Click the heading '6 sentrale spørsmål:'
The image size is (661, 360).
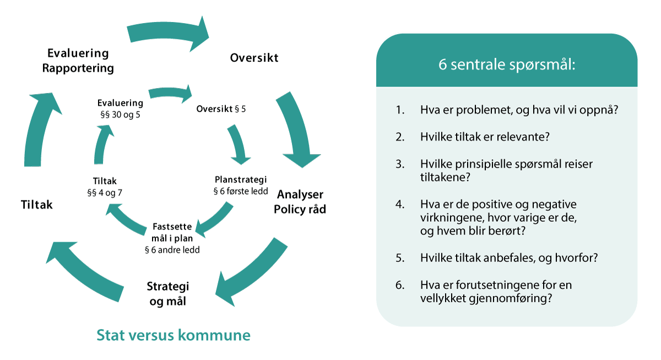506,65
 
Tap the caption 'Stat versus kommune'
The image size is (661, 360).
174,335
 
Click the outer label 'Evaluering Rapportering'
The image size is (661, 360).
80,61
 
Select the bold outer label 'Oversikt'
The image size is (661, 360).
254,57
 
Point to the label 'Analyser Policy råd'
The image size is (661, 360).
300,202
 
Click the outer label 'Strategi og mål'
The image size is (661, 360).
168,294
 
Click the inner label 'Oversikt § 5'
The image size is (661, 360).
221,108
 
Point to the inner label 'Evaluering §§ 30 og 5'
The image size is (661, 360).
120,108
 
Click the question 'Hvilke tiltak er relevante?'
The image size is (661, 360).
485,137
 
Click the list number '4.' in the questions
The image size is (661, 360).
400,204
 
